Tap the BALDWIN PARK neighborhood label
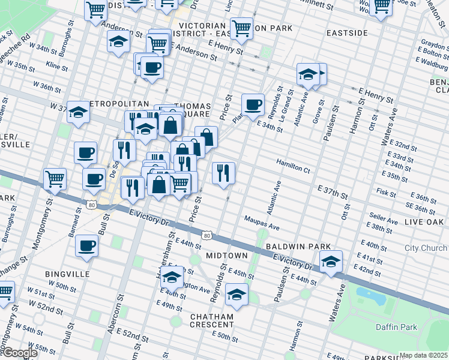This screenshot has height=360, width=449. (x=298, y=247)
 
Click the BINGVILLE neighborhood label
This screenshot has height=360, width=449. (x=67, y=274)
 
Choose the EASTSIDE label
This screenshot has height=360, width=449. (x=347, y=32)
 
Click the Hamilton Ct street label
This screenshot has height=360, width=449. (x=292, y=166)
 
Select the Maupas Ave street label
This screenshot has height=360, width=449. (x=262, y=223)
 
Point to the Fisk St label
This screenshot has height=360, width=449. (x=382, y=191)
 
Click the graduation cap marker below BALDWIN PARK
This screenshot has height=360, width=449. (x=330, y=262)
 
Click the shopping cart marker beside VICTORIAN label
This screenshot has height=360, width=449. (x=241, y=28)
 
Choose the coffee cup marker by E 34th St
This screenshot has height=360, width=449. (x=253, y=104)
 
